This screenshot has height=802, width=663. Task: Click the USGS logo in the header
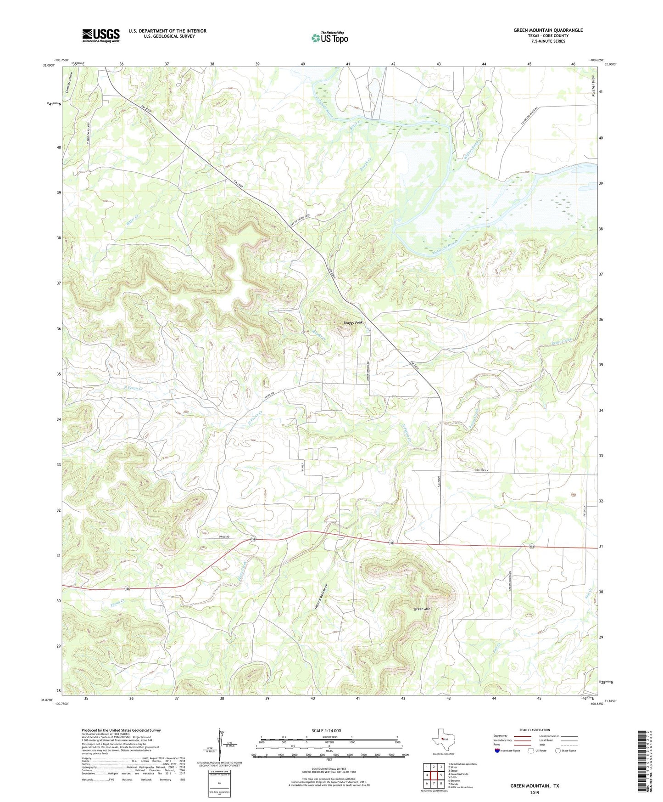pos(101,35)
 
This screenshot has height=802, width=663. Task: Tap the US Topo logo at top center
pos(329,38)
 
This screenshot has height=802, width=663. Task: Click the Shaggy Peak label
pos(353,323)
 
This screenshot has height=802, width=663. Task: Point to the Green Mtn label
pos(422,609)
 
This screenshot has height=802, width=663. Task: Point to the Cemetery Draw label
pos(67,84)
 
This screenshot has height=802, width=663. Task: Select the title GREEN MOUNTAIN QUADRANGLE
pos(548,30)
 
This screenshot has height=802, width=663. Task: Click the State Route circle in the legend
pos(558,751)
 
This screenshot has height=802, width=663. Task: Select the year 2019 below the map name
pos(535,793)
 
